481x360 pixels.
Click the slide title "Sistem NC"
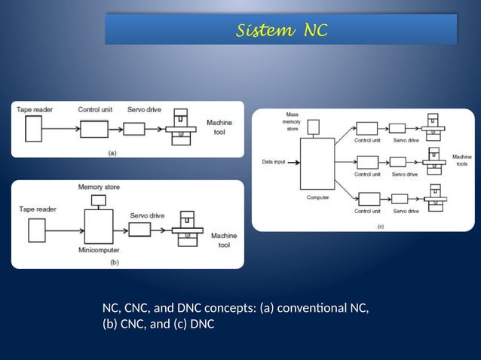point(282,30)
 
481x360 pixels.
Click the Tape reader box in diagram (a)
point(33,130)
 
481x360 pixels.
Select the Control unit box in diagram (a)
point(94,129)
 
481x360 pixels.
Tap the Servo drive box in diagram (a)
point(134,129)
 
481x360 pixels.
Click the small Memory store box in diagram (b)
point(97,200)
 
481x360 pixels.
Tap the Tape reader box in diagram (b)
point(33,224)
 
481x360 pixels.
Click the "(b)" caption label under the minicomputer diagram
point(114,263)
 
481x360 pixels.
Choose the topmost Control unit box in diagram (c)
point(366,129)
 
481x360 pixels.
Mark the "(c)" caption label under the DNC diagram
point(379,224)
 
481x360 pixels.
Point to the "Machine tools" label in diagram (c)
point(461,160)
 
